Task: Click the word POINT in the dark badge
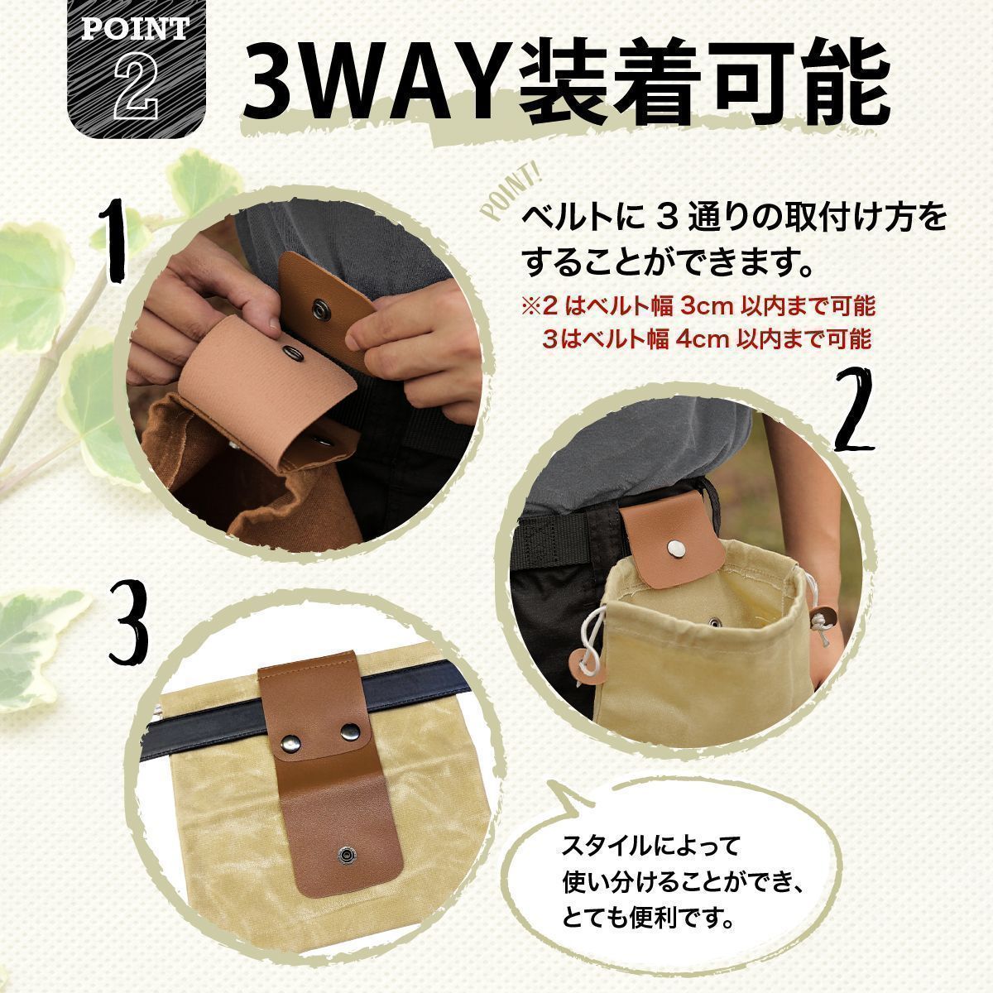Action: [x=136, y=29]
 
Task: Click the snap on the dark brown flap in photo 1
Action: [x=319, y=308]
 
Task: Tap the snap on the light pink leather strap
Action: [x=291, y=353]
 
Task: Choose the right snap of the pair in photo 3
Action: [x=350, y=729]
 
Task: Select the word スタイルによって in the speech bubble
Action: [x=650, y=846]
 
